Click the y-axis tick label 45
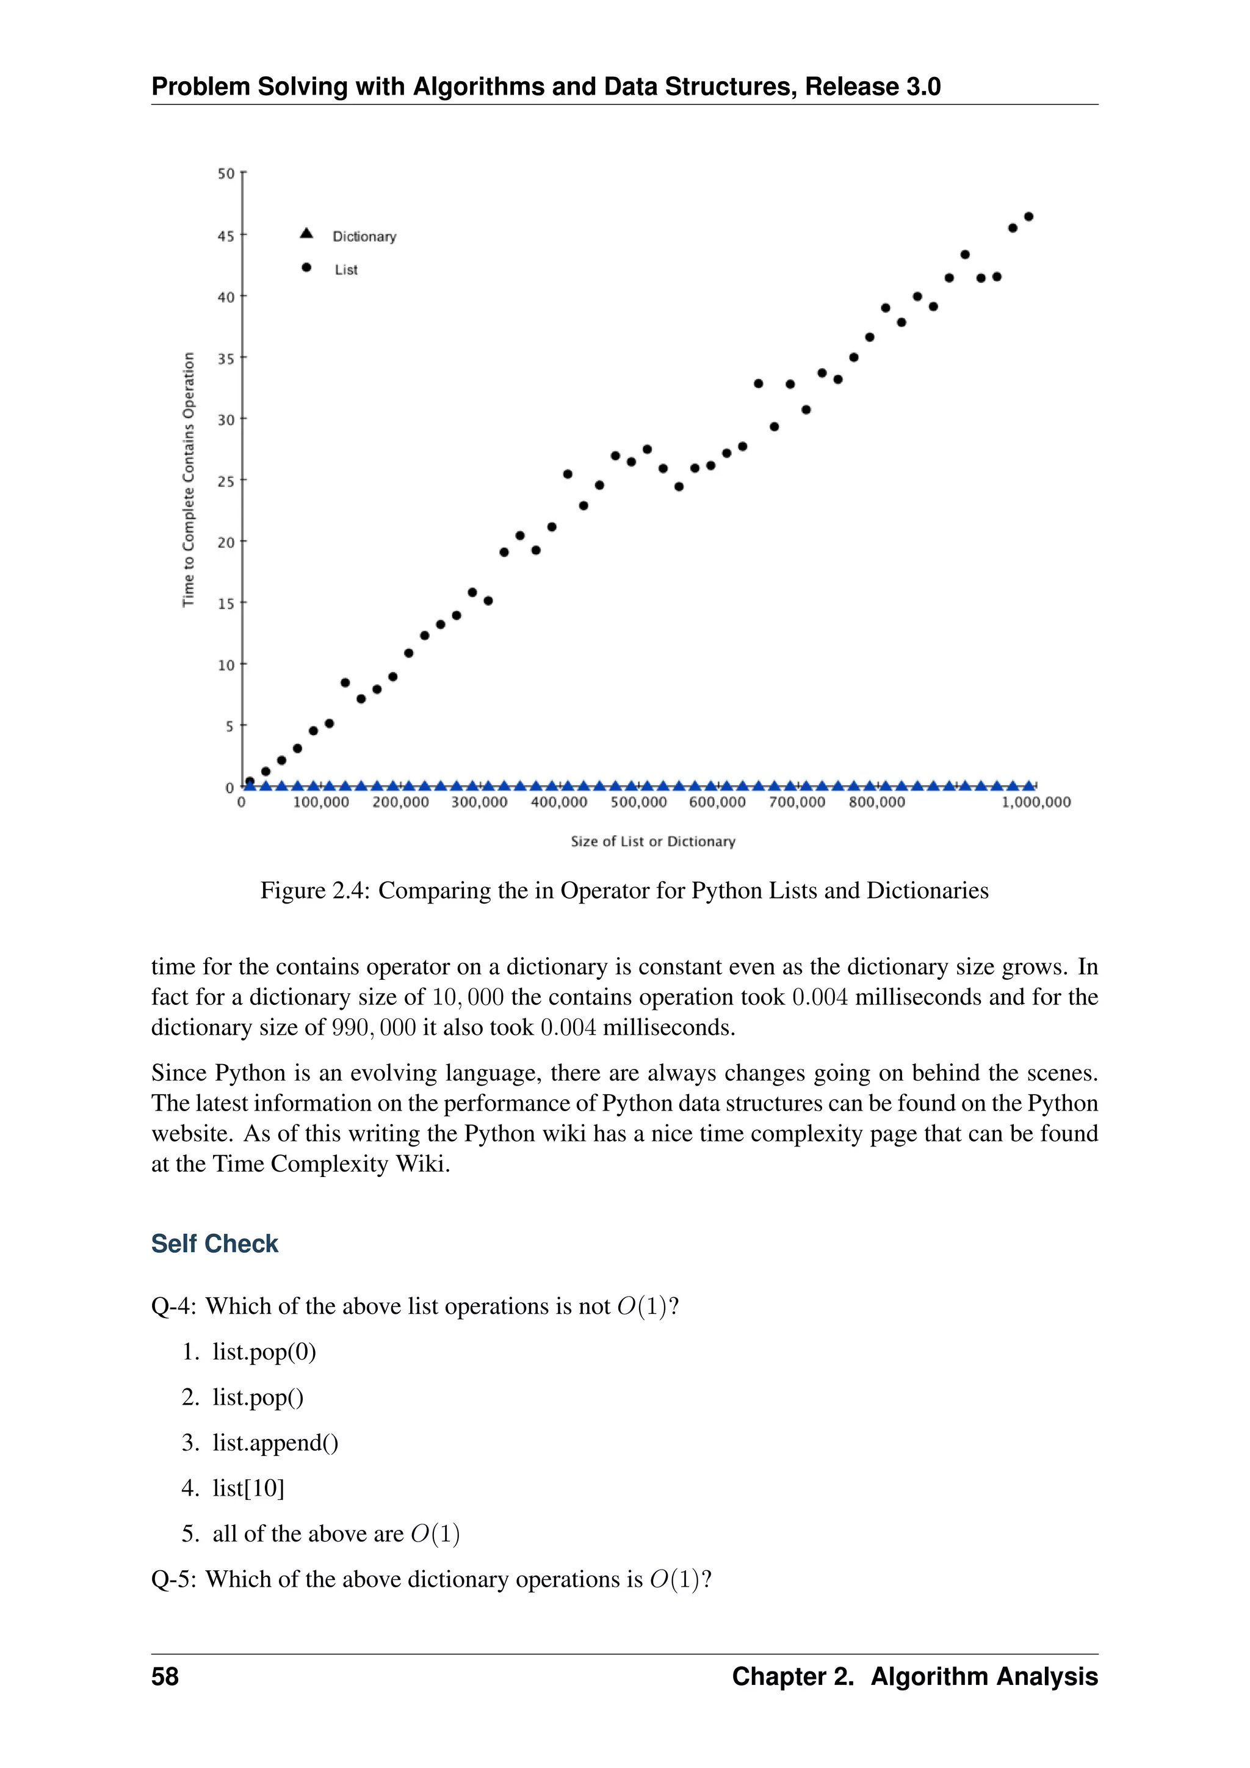pyautogui.click(x=225, y=236)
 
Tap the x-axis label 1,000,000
pyautogui.click(x=1036, y=802)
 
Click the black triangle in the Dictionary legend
pyautogui.click(x=306, y=233)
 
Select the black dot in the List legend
pyautogui.click(x=306, y=268)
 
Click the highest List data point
pyautogui.click(x=1029, y=216)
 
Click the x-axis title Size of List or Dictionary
pyautogui.click(x=652, y=842)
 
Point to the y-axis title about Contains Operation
pyautogui.click(x=189, y=479)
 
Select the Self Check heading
pyautogui.click(x=215, y=1244)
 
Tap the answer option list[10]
pyautogui.click(x=248, y=1488)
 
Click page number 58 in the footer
pyautogui.click(x=165, y=1676)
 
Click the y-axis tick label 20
pyautogui.click(x=225, y=542)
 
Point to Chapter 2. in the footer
pyautogui.click(x=793, y=1676)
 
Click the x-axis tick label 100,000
pyautogui.click(x=321, y=802)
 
